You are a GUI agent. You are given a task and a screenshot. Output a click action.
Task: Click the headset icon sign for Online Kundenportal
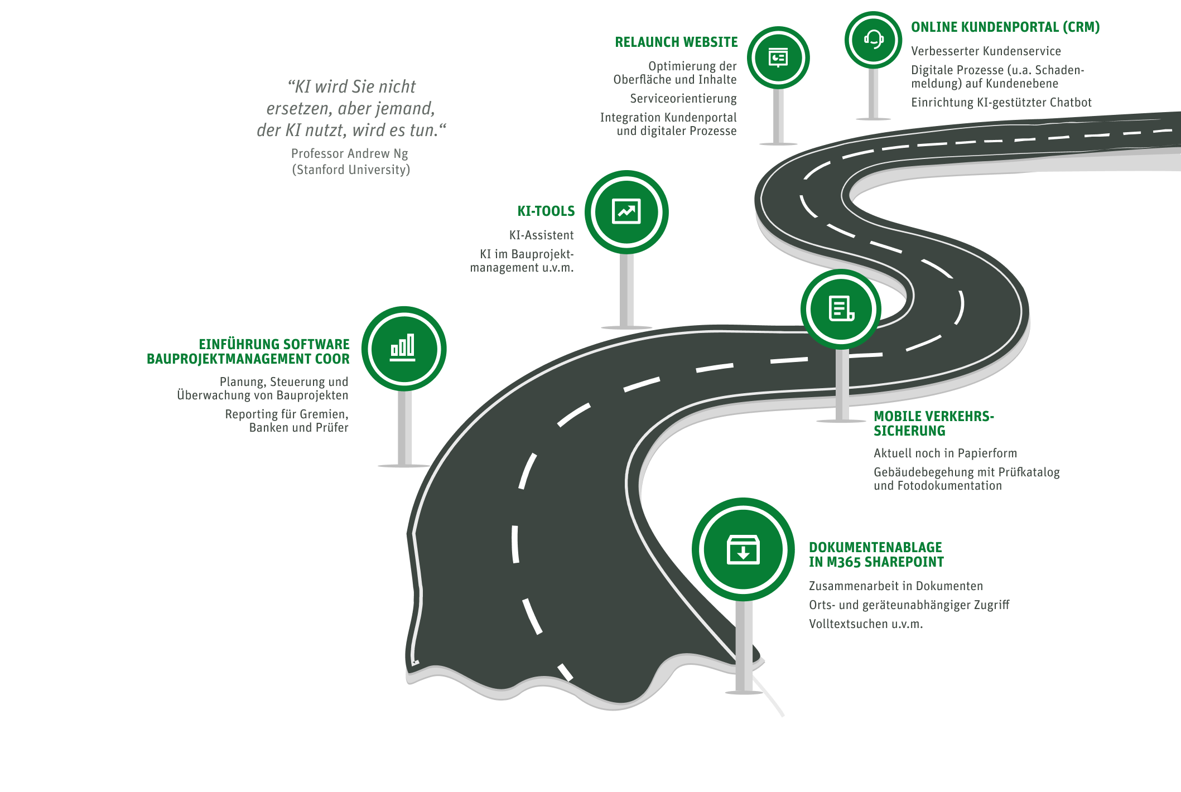point(873,40)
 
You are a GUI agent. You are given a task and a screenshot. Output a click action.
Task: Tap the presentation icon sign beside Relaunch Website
point(778,58)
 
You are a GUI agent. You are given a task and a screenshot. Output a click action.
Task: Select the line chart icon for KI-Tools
point(626,212)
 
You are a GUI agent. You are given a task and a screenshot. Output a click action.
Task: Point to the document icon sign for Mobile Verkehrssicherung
point(841,309)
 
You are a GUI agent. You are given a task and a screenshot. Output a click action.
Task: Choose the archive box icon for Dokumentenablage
point(743,549)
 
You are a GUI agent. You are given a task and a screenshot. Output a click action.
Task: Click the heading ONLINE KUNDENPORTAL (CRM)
point(1005,27)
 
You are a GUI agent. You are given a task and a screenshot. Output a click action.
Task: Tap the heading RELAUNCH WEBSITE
point(676,42)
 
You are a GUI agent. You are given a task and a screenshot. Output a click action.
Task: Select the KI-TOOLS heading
point(546,211)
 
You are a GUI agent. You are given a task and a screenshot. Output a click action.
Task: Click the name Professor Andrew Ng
point(349,153)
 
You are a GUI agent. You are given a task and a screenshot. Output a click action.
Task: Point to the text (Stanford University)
point(351,170)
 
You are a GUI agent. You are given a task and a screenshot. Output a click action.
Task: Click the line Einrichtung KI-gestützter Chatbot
point(1001,103)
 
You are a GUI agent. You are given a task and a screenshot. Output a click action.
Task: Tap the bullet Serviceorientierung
point(683,99)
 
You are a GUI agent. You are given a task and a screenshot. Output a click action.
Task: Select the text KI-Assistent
point(541,235)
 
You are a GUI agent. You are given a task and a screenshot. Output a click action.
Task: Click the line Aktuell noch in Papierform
point(945,453)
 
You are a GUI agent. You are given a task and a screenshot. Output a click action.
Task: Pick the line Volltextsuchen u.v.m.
point(866,624)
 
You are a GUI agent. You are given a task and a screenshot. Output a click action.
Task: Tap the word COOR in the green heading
point(332,359)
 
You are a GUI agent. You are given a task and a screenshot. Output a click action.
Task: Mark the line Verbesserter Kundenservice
point(986,51)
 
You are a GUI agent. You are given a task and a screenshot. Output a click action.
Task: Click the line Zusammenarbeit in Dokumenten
point(896,586)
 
